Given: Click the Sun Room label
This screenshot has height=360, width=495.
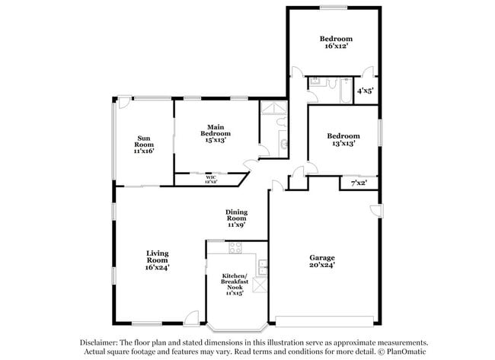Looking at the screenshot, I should click(145, 145).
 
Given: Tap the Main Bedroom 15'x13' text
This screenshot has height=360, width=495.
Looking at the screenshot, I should click(216, 133).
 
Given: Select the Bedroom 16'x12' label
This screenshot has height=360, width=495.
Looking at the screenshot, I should click(335, 42).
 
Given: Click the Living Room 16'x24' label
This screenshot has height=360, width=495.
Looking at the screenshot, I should click(158, 260).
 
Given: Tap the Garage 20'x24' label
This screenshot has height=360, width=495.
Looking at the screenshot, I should click(321, 261).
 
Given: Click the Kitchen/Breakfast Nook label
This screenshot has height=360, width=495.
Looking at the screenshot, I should click(233, 283).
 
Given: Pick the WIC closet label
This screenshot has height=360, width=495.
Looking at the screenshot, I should click(210, 180).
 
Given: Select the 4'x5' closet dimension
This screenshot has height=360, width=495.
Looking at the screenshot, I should click(365, 93).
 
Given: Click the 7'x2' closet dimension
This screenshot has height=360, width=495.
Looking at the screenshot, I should click(358, 183).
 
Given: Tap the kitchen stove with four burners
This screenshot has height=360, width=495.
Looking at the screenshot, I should click(235, 247).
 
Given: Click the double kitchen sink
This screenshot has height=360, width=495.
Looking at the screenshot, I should click(262, 267).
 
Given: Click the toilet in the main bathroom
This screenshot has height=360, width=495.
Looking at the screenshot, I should click(283, 144).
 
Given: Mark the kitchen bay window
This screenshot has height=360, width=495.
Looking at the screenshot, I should click(236, 329).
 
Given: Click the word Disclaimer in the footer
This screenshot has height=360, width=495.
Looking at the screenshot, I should click(106, 342).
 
